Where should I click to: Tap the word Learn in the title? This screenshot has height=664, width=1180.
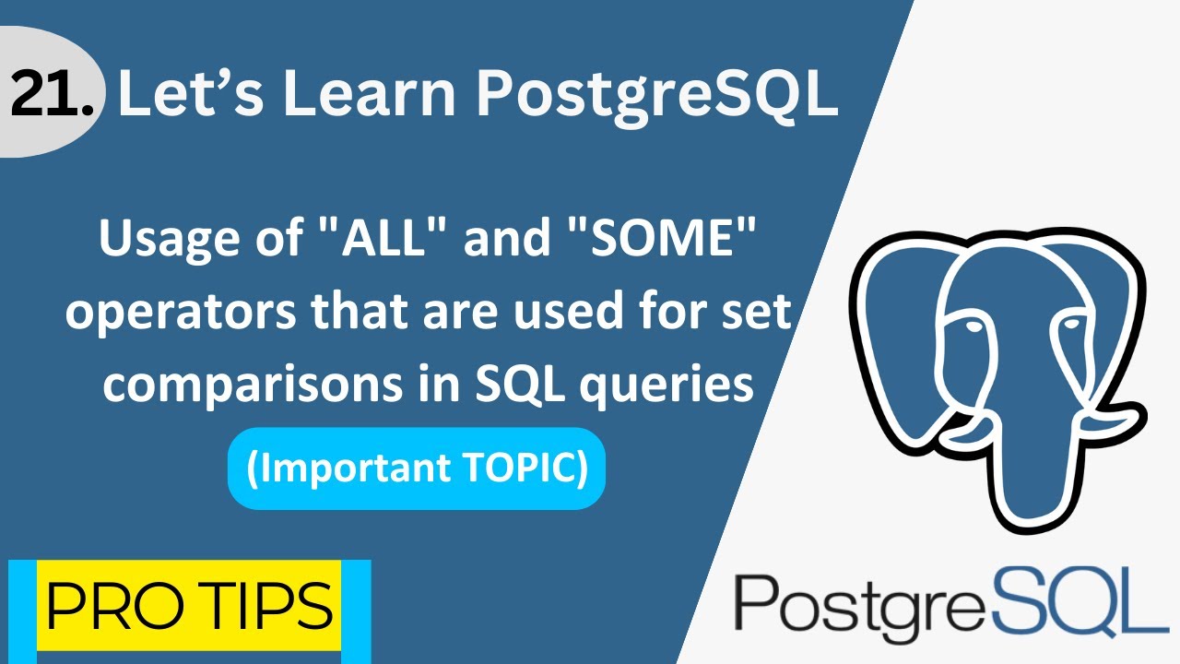pyautogui.click(x=370, y=95)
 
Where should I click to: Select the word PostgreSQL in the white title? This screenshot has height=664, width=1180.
pyautogui.click(x=655, y=95)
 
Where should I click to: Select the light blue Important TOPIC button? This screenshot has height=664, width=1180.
pyautogui.click(x=416, y=468)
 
